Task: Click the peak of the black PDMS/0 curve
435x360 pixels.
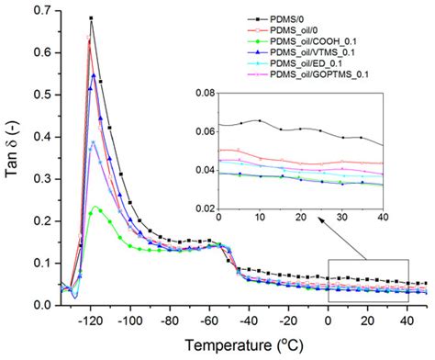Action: coord(92,18)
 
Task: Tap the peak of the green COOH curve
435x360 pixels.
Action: coord(96,208)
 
